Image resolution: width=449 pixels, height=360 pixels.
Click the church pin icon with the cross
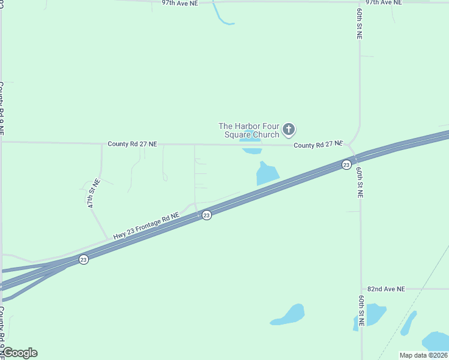[289, 129]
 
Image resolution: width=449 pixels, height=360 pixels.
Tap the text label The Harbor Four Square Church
[249, 130]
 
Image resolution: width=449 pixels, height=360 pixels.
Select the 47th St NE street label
[93, 193]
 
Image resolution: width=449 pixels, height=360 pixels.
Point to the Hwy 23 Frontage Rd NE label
[147, 226]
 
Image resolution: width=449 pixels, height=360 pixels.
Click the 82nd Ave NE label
[386, 289]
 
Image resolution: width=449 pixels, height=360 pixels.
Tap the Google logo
[19, 353]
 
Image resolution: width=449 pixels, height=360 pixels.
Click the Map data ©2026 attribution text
[423, 355]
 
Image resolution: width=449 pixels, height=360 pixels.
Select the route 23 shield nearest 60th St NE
[346, 164]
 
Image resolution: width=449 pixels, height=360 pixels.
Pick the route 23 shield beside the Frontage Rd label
[206, 215]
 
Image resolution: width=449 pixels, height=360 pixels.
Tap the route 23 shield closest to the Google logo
[83, 259]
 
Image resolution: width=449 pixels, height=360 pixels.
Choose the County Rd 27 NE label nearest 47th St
[132, 144]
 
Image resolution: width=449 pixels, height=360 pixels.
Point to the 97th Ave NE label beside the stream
[179, 3]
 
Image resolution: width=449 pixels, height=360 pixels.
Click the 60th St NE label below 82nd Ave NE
[361, 311]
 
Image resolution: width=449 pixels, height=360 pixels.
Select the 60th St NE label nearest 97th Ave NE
[359, 24]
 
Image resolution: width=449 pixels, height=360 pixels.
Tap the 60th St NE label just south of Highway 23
[359, 183]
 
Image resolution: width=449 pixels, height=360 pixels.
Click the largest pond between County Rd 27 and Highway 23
[267, 173]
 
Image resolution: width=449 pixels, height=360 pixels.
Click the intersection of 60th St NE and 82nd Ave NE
[361, 289]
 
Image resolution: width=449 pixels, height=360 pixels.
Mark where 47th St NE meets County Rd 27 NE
[102, 143]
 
